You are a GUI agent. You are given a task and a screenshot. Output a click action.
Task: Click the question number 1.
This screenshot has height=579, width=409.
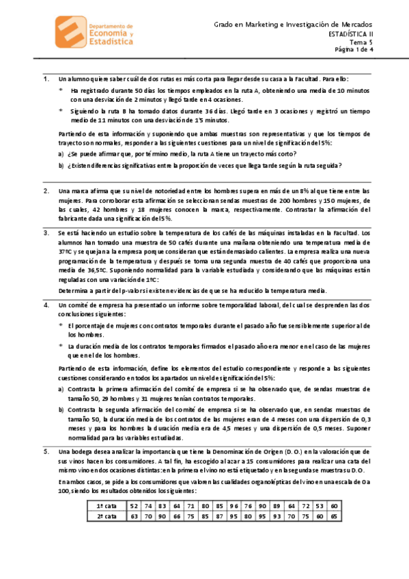45,79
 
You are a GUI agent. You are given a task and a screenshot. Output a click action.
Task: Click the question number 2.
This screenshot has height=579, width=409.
45,190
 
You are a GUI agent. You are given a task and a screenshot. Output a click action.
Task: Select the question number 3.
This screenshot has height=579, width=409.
45,233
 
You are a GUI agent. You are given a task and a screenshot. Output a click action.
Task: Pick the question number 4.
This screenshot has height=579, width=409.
45,305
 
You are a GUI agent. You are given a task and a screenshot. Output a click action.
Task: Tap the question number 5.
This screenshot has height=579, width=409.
45,452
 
